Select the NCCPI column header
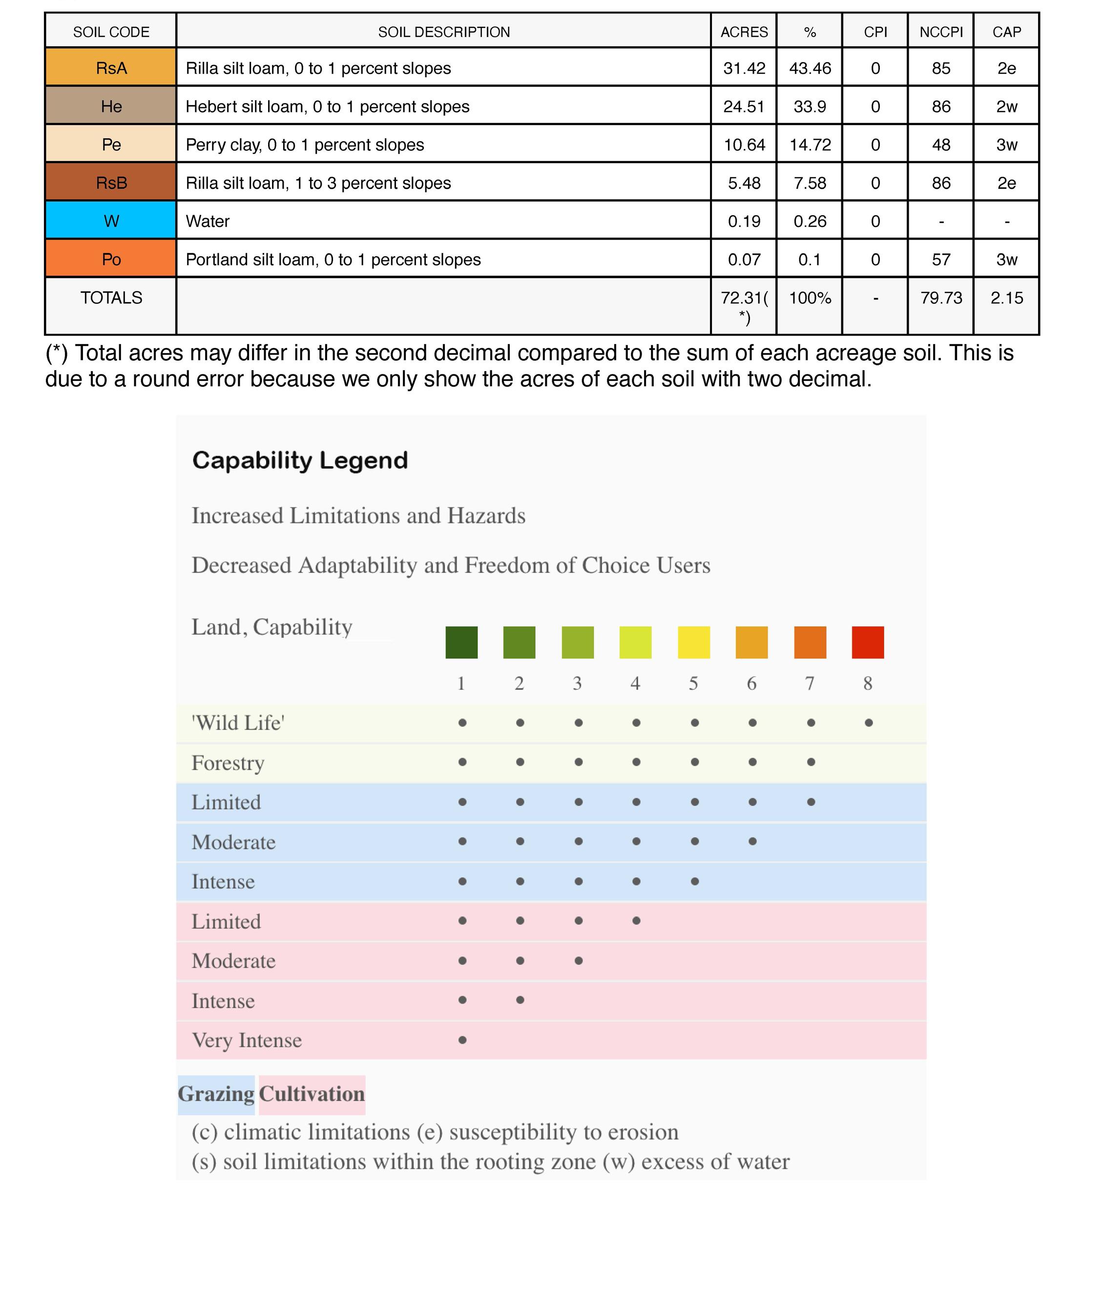(940, 32)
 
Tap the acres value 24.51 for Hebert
(744, 106)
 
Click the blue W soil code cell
(111, 221)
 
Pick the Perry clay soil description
(305, 145)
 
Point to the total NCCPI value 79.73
(940, 297)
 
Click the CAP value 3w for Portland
(1006, 259)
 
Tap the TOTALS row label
(111, 297)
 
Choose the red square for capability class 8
(867, 642)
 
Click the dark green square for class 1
(461, 642)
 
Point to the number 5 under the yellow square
(693, 683)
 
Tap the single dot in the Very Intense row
(462, 1039)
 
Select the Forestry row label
(228, 763)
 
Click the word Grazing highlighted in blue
(216, 1093)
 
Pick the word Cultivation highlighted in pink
(312, 1093)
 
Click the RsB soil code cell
(111, 183)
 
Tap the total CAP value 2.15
(1006, 297)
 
